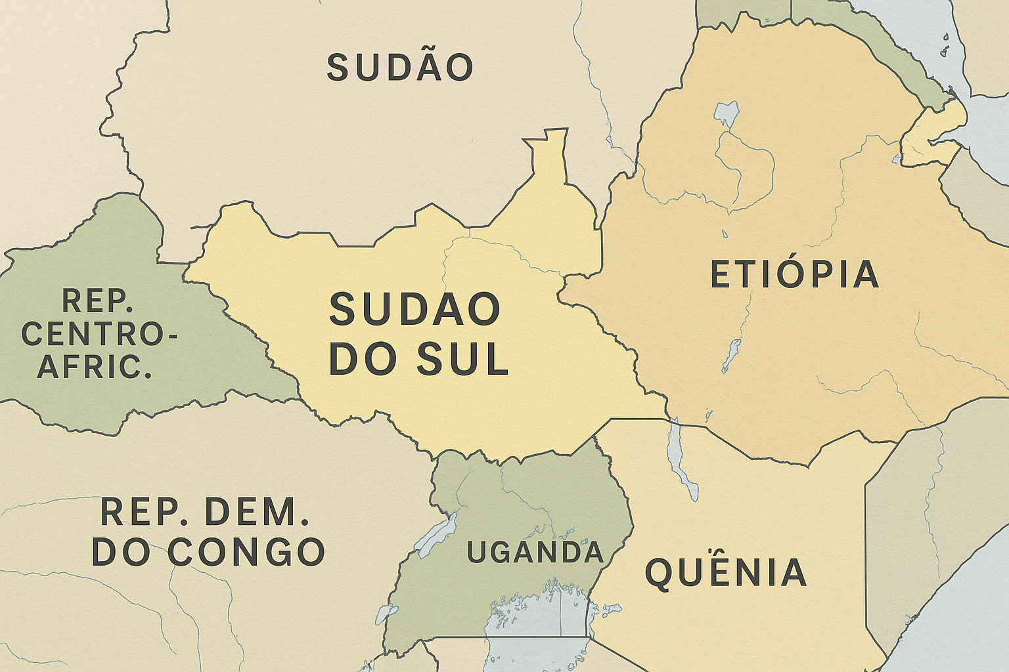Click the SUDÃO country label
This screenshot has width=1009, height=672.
pyautogui.click(x=400, y=68)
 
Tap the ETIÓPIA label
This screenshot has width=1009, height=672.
pyautogui.click(x=795, y=275)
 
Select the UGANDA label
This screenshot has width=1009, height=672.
pyautogui.click(x=535, y=553)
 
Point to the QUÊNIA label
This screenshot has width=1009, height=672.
pyautogui.click(x=726, y=572)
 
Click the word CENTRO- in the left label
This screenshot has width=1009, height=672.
pyautogui.click(x=99, y=334)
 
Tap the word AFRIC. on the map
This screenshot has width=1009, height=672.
pyautogui.click(x=95, y=366)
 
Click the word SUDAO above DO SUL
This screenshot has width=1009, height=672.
pyautogui.click(x=415, y=310)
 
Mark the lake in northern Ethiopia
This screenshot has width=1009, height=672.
pyautogui.click(x=726, y=113)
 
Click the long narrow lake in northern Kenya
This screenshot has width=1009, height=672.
pyautogui.click(x=681, y=459)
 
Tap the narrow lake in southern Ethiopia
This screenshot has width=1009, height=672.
pyautogui.click(x=731, y=355)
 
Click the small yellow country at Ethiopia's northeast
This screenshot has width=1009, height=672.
pyautogui.click(x=933, y=135)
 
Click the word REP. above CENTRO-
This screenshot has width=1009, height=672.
pyautogui.click(x=97, y=301)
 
